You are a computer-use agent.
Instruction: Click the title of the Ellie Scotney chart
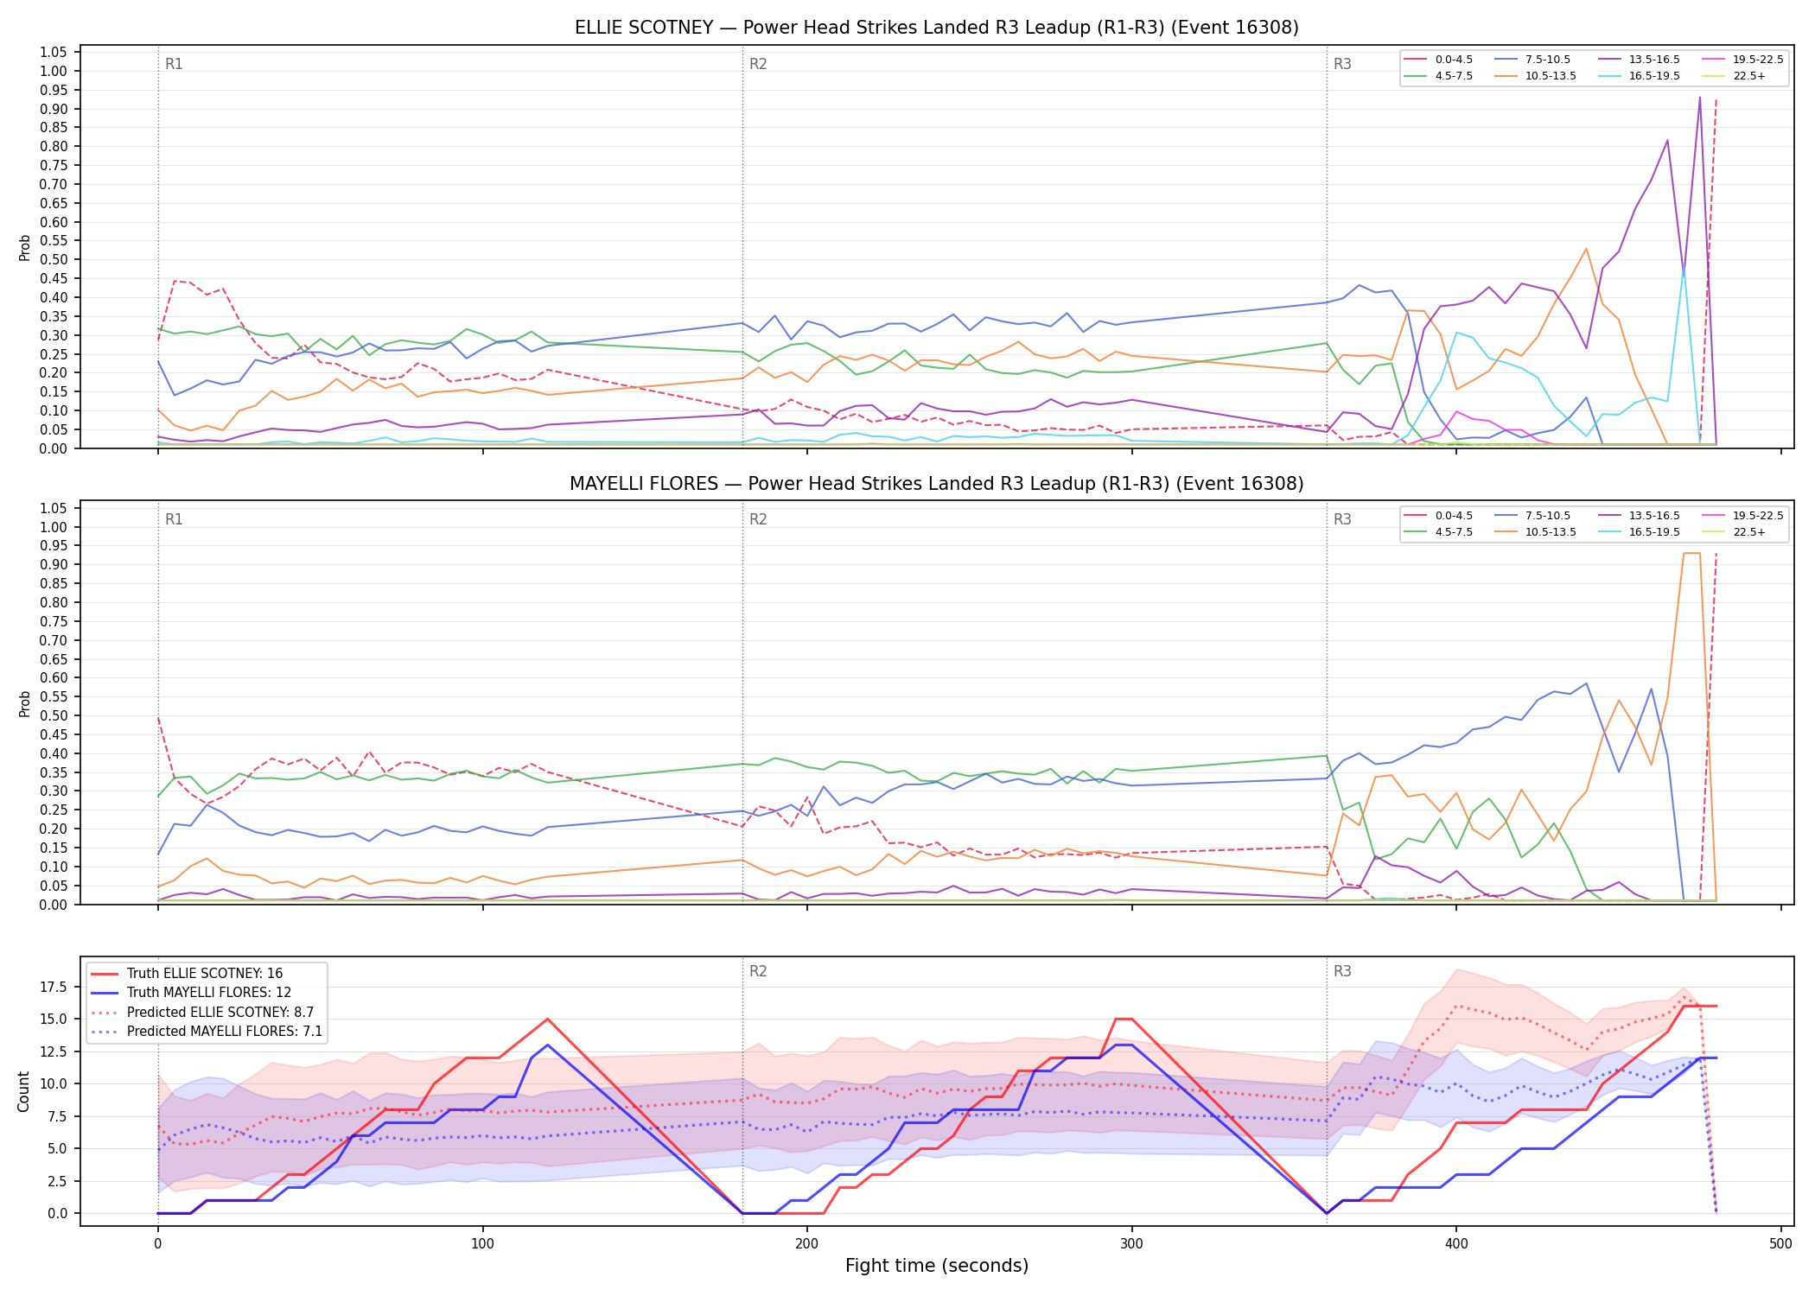(936, 28)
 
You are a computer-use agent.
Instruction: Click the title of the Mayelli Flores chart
(936, 484)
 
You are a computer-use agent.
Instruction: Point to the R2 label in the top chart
(758, 64)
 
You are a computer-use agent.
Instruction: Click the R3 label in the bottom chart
(1342, 971)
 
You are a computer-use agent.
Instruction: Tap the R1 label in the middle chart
(174, 519)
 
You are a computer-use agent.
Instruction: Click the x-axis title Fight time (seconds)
(937, 1266)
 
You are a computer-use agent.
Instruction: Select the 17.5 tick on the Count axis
(54, 988)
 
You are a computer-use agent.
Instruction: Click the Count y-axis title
(23, 1091)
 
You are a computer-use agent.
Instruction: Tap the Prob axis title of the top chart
(24, 247)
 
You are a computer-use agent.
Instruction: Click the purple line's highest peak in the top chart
(1699, 97)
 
